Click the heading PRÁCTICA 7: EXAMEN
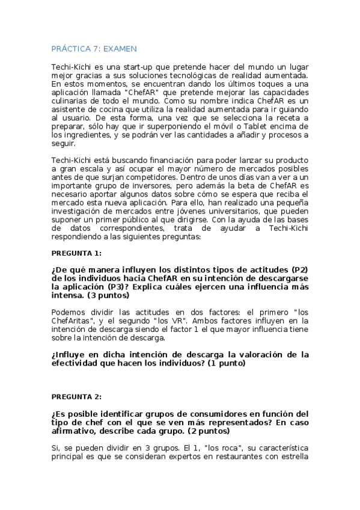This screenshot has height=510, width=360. [x=94, y=48]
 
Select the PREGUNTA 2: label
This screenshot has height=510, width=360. [x=76, y=397]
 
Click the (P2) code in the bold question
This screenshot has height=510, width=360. [x=299, y=269]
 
